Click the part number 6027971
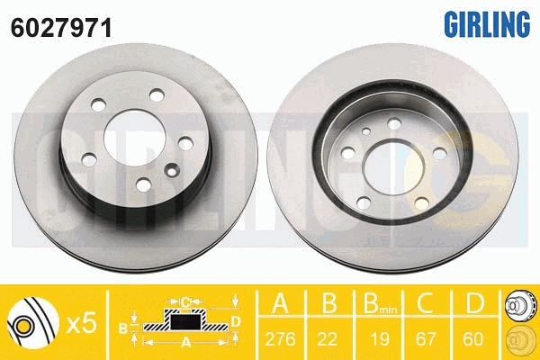click(61, 28)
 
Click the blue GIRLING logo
click(487, 23)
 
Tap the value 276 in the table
click(280, 339)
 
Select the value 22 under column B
click(327, 339)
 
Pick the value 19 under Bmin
click(380, 339)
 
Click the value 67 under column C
click(426, 339)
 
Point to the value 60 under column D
click(473, 339)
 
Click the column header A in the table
click(280, 303)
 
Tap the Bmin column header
click(380, 303)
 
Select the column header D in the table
click(474, 303)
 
